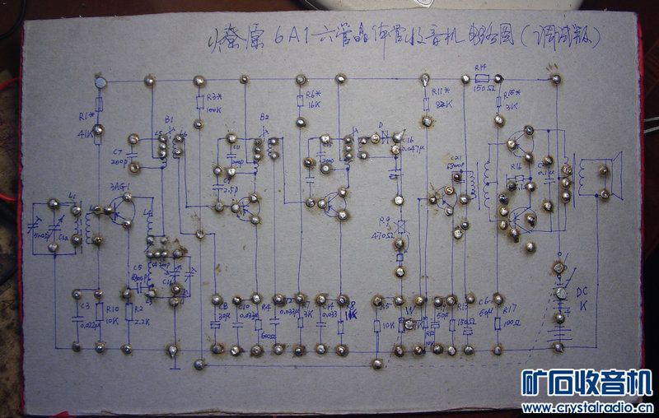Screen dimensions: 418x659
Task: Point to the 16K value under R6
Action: [x=311, y=105]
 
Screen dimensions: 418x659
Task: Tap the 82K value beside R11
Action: [x=444, y=105]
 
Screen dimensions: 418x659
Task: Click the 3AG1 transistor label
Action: [x=119, y=188]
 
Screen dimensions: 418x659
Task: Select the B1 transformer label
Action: [x=169, y=120]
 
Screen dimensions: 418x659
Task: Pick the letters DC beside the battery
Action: [x=582, y=292]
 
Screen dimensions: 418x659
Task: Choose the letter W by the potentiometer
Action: [x=409, y=310]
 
